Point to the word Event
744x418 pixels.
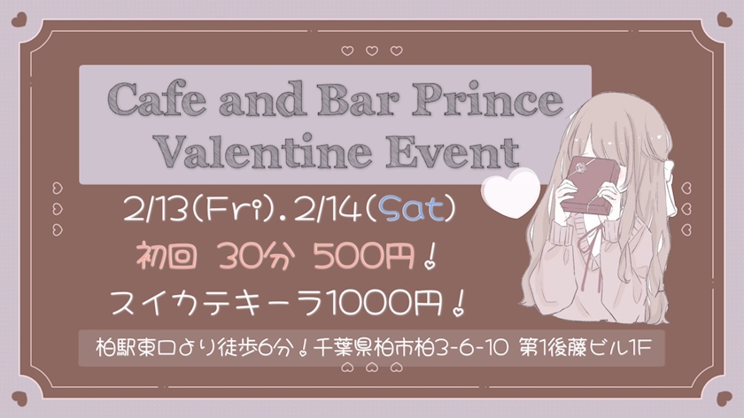point(453,151)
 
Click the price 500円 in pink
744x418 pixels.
point(364,256)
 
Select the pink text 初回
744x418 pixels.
point(167,256)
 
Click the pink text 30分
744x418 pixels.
point(257,256)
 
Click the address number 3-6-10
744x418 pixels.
point(471,349)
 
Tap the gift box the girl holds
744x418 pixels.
point(590,184)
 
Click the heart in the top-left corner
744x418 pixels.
point(19,19)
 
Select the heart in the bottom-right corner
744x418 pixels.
point(725,398)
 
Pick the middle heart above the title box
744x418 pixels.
point(372,50)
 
